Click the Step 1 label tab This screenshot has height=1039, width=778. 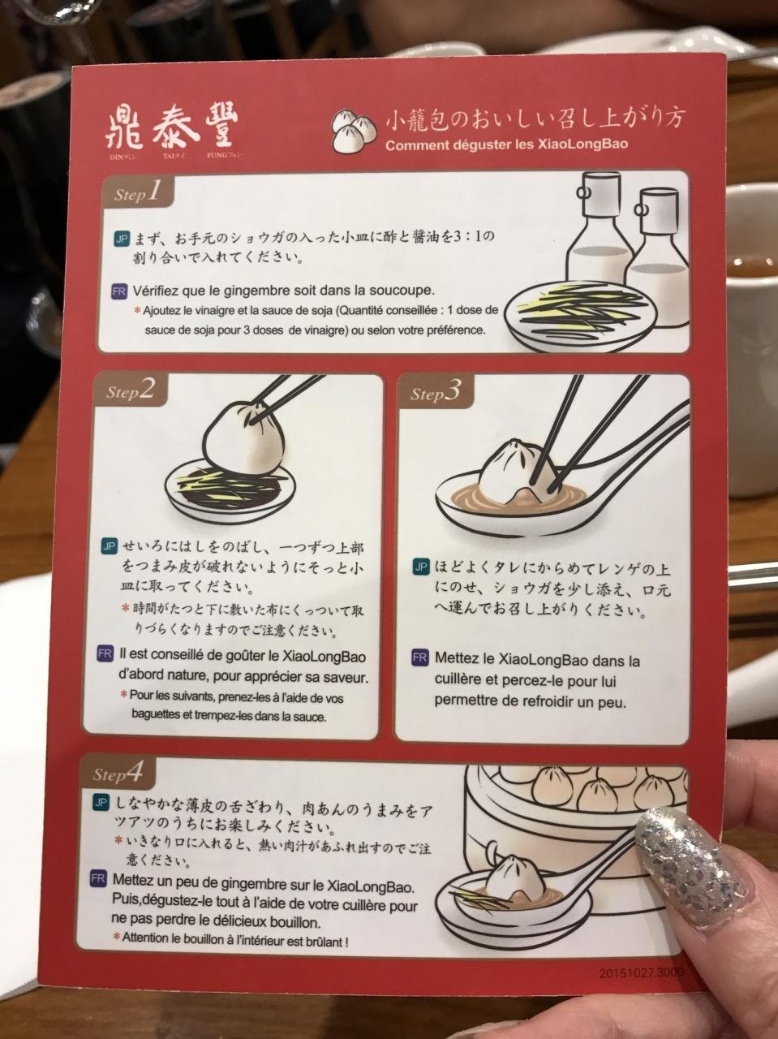tap(137, 192)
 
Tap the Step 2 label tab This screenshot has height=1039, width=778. tap(131, 390)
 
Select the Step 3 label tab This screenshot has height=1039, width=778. tap(435, 391)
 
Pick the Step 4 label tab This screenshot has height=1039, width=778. tap(118, 773)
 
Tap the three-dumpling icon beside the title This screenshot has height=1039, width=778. tap(354, 130)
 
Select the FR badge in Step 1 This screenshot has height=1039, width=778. tap(119, 290)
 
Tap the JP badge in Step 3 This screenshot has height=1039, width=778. tap(420, 566)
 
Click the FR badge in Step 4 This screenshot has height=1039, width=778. tap(99, 880)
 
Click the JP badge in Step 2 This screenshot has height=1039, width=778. tap(110, 546)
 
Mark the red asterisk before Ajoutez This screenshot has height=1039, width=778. tap(138, 311)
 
